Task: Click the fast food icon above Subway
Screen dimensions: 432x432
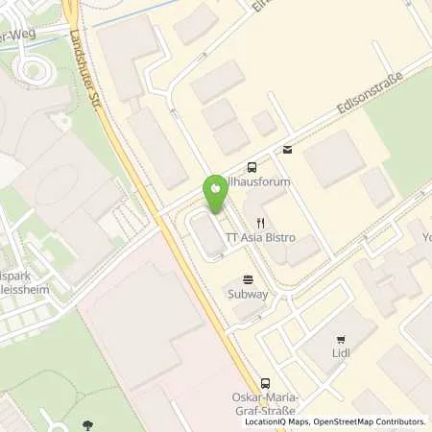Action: (250, 279)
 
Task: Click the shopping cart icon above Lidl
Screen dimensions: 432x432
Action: (342, 339)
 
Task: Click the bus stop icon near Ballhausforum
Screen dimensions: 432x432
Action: (252, 165)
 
